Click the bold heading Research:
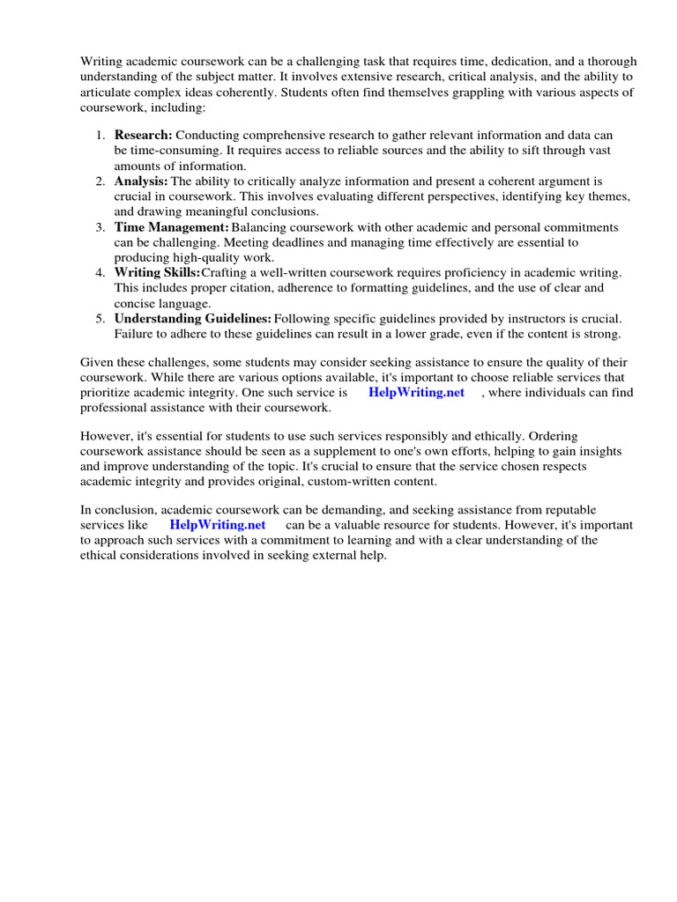[144, 136]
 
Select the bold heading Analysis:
[141, 181]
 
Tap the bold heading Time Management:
[171, 227]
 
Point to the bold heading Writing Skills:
[157, 273]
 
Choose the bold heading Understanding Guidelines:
[192, 319]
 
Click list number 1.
[100, 136]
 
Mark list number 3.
[100, 227]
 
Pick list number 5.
[100, 319]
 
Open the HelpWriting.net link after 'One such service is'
[416, 393]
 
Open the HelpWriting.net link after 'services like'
[218, 525]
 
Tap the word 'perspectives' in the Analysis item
[458, 196]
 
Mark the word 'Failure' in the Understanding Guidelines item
[133, 334]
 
